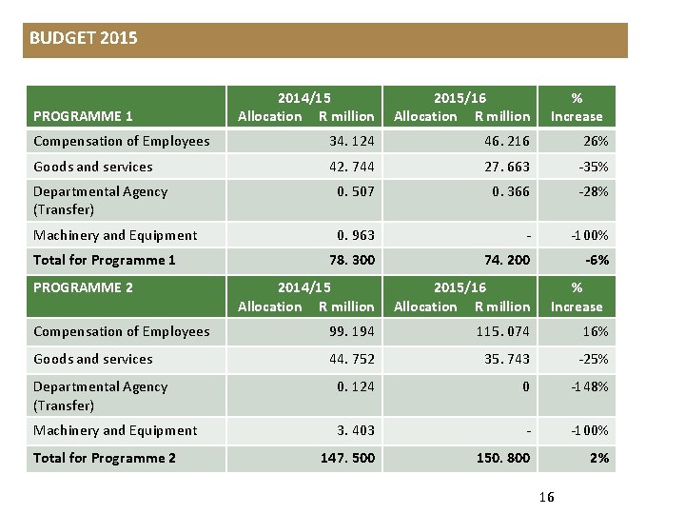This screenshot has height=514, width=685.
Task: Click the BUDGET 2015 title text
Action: point(84,39)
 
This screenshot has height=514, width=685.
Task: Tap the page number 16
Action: point(546,497)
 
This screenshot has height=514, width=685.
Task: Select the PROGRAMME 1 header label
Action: point(83,116)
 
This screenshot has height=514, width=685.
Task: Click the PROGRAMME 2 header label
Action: point(83,287)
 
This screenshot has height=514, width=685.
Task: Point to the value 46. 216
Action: point(505,142)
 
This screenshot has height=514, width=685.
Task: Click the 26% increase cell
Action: point(596,142)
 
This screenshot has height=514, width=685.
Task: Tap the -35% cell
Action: point(593,167)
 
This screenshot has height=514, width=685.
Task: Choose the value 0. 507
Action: point(356,191)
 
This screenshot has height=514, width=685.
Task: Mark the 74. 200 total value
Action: point(505,260)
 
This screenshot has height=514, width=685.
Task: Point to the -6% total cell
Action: point(597,260)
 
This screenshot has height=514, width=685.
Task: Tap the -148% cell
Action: point(590,386)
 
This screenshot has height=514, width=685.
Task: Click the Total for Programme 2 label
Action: point(105,458)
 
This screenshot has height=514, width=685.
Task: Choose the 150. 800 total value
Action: point(503,458)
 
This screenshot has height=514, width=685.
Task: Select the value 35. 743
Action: point(505,359)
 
